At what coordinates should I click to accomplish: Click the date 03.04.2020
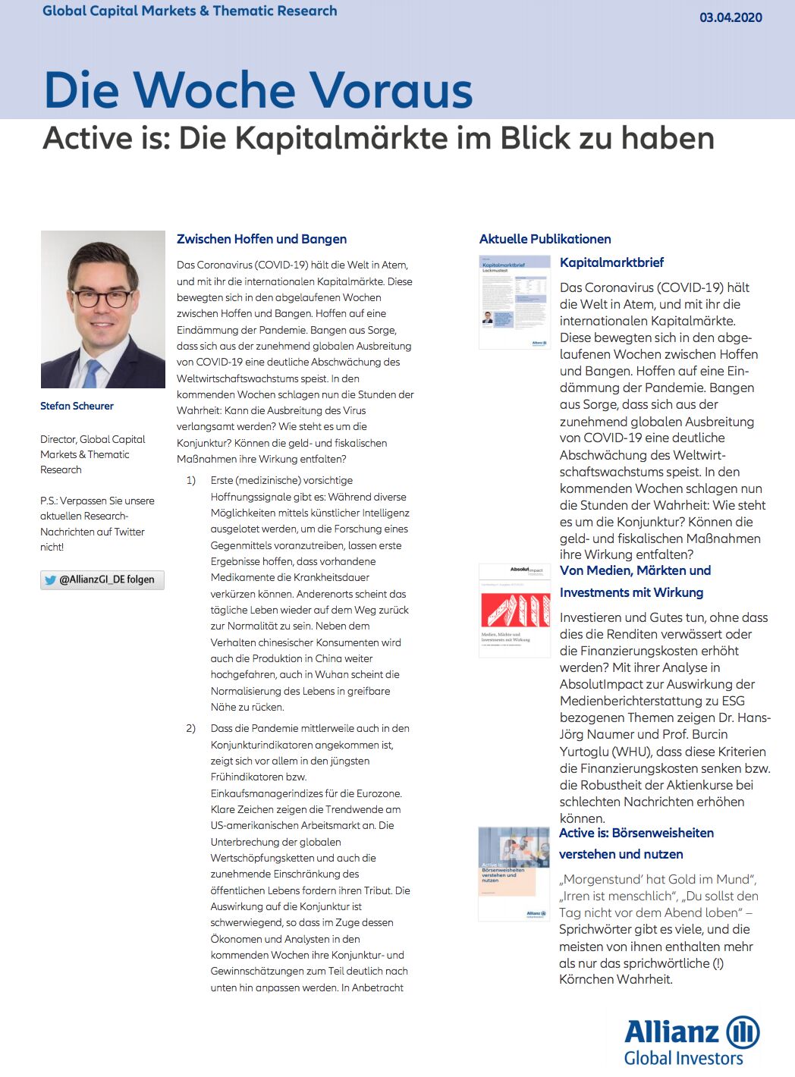pos(731,17)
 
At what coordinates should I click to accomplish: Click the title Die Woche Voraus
pos(258,90)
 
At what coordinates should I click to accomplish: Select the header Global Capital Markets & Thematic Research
pos(190,11)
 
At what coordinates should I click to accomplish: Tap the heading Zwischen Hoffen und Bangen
pos(262,239)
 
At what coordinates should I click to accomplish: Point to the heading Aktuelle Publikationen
pos(545,239)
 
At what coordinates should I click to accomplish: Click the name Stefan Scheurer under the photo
pos(77,406)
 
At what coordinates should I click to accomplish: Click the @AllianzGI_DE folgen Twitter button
pos(102,580)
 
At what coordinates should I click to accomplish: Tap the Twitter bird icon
pos(51,580)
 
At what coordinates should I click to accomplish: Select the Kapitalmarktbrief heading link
pos(611,262)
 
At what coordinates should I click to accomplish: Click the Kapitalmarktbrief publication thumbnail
pos(514,302)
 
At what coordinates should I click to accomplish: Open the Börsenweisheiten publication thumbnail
pos(514,874)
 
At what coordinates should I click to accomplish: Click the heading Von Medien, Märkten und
pos(635,570)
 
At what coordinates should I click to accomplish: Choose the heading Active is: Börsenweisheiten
pos(636,833)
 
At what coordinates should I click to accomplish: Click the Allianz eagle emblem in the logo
pos(743,1032)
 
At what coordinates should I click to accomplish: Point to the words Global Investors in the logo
pos(683,1058)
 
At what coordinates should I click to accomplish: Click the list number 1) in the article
pos(190,480)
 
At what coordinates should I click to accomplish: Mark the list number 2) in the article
pos(190,728)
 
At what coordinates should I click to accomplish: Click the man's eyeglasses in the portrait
pos(102,298)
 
